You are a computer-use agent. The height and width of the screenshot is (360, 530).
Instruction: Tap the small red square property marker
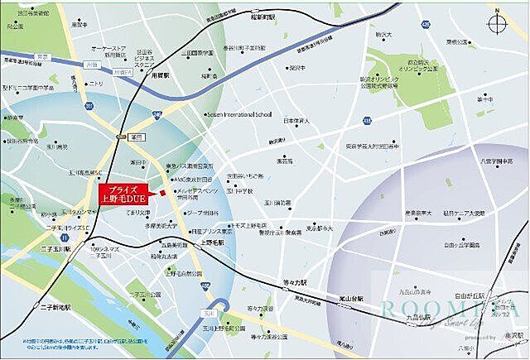pyautogui.click(x=163, y=194)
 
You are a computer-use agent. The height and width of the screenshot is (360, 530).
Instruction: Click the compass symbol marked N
pyautogui.click(x=499, y=22)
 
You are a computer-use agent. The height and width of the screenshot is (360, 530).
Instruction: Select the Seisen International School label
pyautogui.click(x=246, y=115)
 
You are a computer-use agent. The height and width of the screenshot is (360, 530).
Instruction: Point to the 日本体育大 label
pyautogui.click(x=296, y=122)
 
